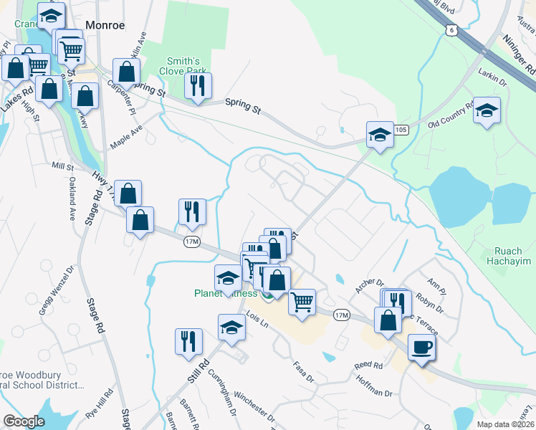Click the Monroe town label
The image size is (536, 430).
tap(105, 25)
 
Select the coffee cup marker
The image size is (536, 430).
tap(421, 347)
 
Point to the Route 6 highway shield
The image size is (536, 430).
tap(450, 29)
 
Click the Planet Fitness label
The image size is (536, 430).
tap(226, 292)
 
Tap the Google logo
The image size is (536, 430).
tap(24, 421)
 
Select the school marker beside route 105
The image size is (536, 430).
tap(380, 134)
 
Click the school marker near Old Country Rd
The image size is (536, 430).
tap(487, 110)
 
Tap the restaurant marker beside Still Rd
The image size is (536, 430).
tap(188, 340)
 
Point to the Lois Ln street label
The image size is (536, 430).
tap(257, 320)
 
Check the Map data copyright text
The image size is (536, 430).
tap(505, 424)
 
